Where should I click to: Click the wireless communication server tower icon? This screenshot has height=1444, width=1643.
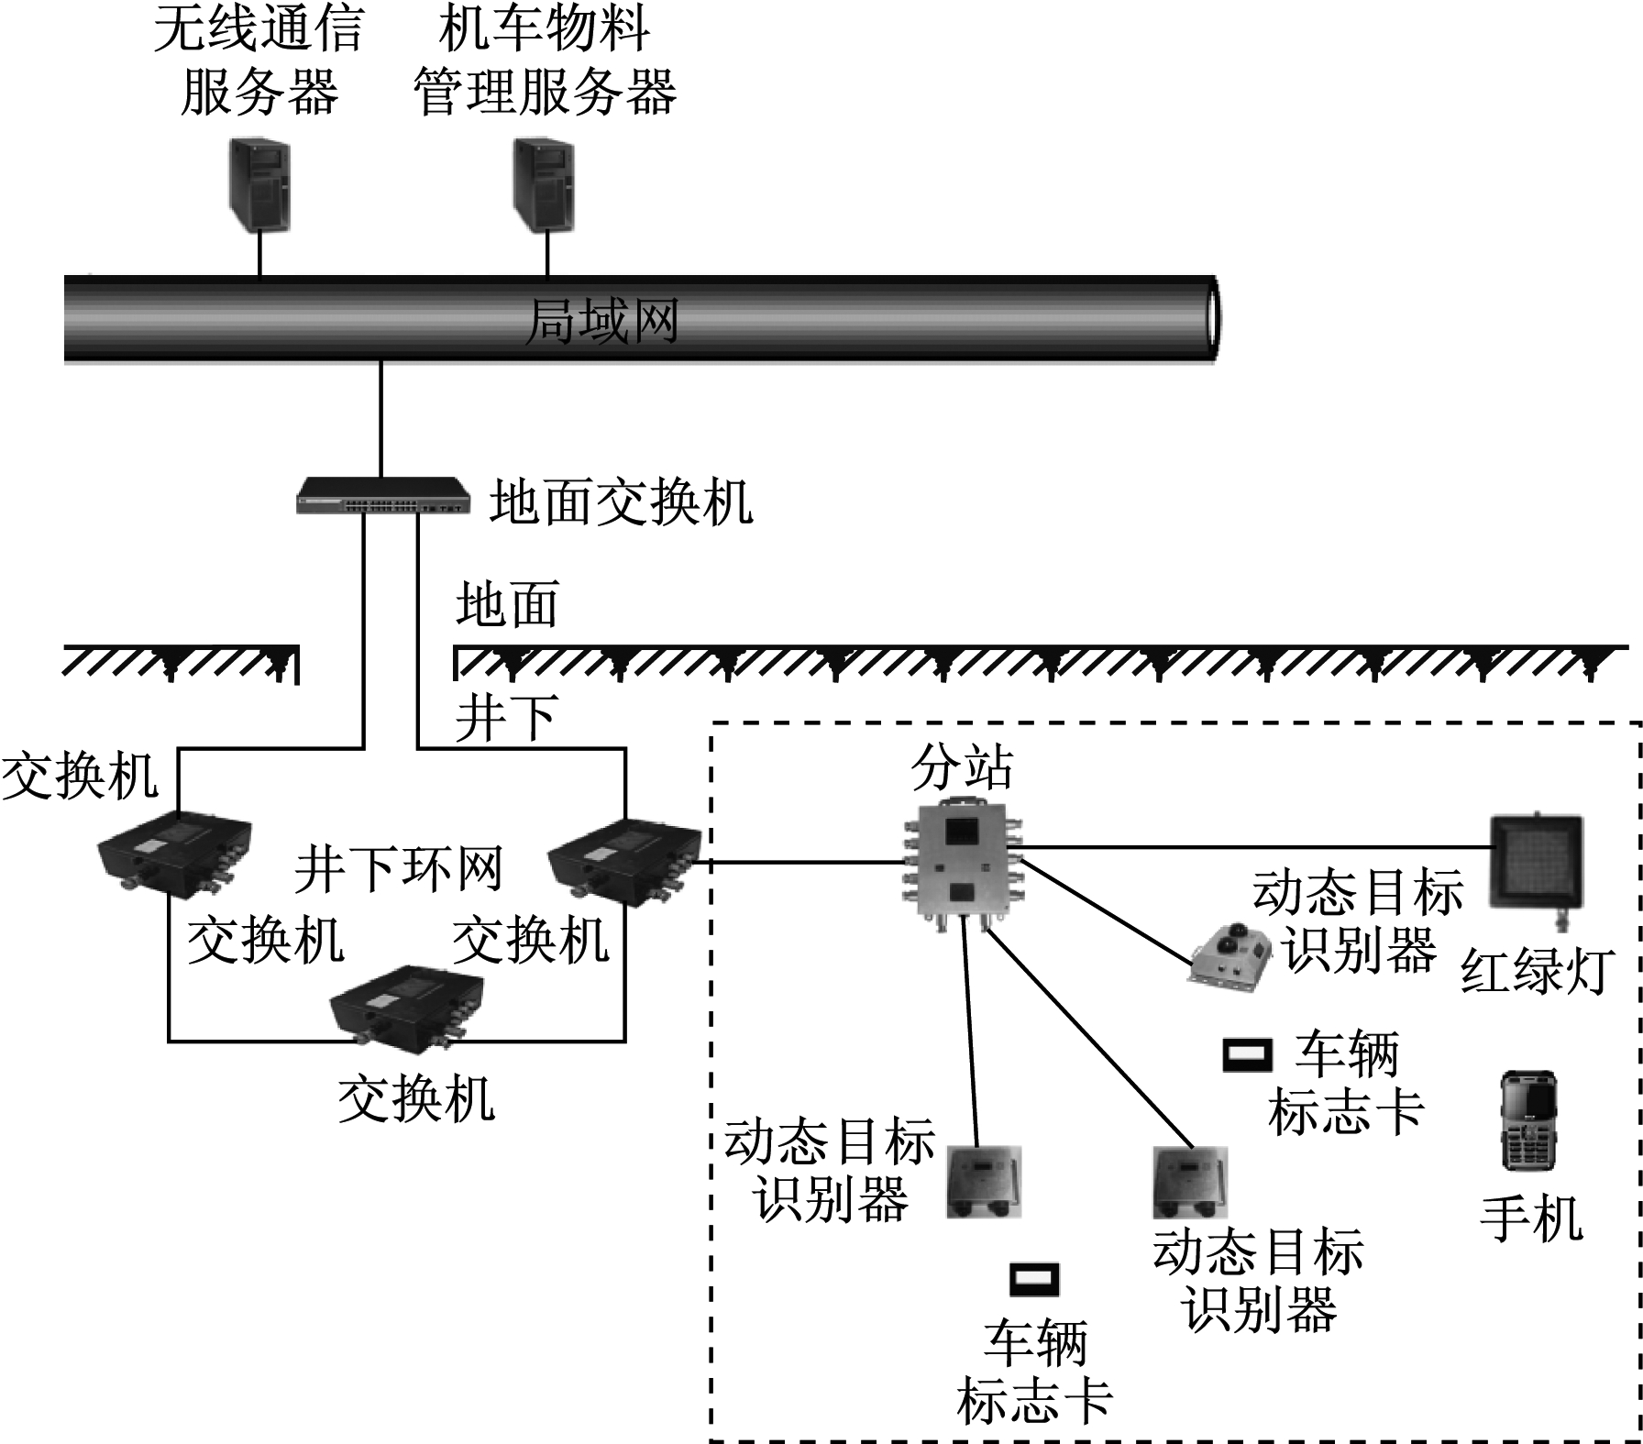click(259, 184)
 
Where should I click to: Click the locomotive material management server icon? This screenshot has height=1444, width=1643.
click(544, 184)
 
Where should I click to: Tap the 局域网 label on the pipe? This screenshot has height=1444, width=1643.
click(601, 322)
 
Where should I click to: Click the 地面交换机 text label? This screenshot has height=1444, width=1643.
click(621, 502)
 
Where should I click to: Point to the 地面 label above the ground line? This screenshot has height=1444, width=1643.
click(507, 606)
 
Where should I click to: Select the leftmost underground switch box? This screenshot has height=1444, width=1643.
click(174, 852)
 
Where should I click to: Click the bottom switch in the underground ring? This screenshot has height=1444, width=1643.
click(407, 1007)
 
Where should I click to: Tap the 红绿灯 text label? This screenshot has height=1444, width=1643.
click(1536, 971)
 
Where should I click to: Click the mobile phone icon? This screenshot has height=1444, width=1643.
click(1528, 1120)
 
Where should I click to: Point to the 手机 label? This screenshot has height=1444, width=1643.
click(1531, 1219)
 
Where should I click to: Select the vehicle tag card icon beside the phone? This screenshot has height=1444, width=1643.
click(1248, 1054)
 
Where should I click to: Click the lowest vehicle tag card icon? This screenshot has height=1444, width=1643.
click(1034, 1279)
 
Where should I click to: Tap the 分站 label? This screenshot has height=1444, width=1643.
click(962, 767)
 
